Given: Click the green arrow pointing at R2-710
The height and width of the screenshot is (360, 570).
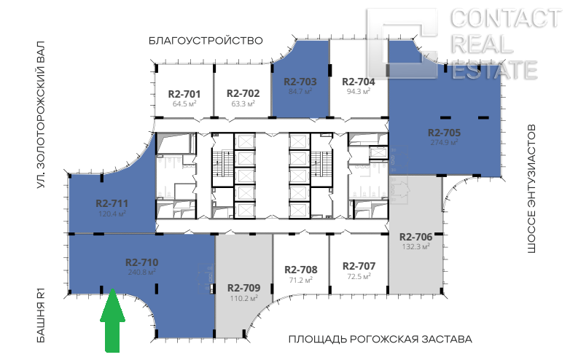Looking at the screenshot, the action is coord(113,321).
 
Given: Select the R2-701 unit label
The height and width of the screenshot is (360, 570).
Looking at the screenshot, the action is coord(184,94).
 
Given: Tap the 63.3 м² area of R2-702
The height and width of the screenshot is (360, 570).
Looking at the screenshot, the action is coord(243,103).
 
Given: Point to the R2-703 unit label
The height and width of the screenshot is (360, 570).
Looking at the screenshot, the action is coord(300,82).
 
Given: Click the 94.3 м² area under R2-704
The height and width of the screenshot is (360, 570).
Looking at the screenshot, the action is coord(359,91).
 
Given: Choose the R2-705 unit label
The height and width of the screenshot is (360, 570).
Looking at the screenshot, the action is coord(444,133).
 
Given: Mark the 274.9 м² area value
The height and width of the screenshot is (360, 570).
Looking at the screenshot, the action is coord(444,142).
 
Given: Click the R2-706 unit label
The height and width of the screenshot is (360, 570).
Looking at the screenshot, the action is coord(416,237).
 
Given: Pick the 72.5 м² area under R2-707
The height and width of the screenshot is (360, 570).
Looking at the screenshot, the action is coord(359,276).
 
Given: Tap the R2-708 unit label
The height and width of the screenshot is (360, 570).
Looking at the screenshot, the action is coord(301,270).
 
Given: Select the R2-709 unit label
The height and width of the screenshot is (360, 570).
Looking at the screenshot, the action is coord(244,288).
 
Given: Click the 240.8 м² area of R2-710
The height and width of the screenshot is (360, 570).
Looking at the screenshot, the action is coord(142,272).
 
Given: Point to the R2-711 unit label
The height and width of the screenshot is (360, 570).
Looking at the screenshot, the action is coord(112,203).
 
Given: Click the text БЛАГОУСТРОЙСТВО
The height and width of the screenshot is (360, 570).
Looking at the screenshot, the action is coord(206,40).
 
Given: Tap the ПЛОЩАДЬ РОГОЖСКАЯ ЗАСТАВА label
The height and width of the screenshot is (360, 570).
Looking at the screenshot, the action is coord(380,340).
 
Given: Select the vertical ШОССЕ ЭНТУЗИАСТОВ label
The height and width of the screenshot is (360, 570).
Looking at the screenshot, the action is coord(531,189).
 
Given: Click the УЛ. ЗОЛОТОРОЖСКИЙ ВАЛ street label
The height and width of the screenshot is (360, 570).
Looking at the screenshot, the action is coord(41,115).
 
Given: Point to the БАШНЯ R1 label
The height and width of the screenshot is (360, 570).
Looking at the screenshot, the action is coord(41,315).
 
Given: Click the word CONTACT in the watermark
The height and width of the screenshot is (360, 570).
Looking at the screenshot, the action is coord(506,18).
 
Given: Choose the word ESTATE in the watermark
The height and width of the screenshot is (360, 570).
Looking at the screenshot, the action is coord(494,70).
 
